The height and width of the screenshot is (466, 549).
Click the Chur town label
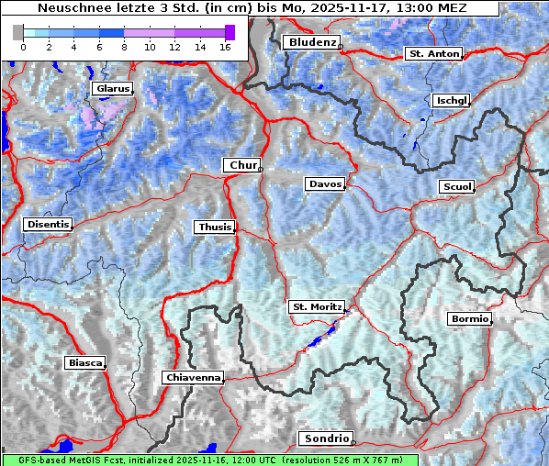242,165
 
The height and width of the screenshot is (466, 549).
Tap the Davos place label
325,184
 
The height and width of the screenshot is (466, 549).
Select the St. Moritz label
317,306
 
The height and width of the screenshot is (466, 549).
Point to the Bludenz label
310,42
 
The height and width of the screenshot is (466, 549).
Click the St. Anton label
432,54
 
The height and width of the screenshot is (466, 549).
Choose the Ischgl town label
452,100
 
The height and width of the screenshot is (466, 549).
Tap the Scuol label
456,187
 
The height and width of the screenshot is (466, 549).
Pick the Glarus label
111,89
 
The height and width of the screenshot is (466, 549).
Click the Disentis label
48,224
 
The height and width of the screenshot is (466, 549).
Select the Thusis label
215,227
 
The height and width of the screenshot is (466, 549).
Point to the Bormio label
469,319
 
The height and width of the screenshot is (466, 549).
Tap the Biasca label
84,362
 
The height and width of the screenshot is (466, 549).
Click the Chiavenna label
193,377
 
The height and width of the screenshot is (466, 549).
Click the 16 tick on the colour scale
224,46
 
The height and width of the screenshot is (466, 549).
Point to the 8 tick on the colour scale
124,46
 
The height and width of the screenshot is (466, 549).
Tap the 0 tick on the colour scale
23,46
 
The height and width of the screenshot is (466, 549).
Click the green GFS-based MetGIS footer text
210,460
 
